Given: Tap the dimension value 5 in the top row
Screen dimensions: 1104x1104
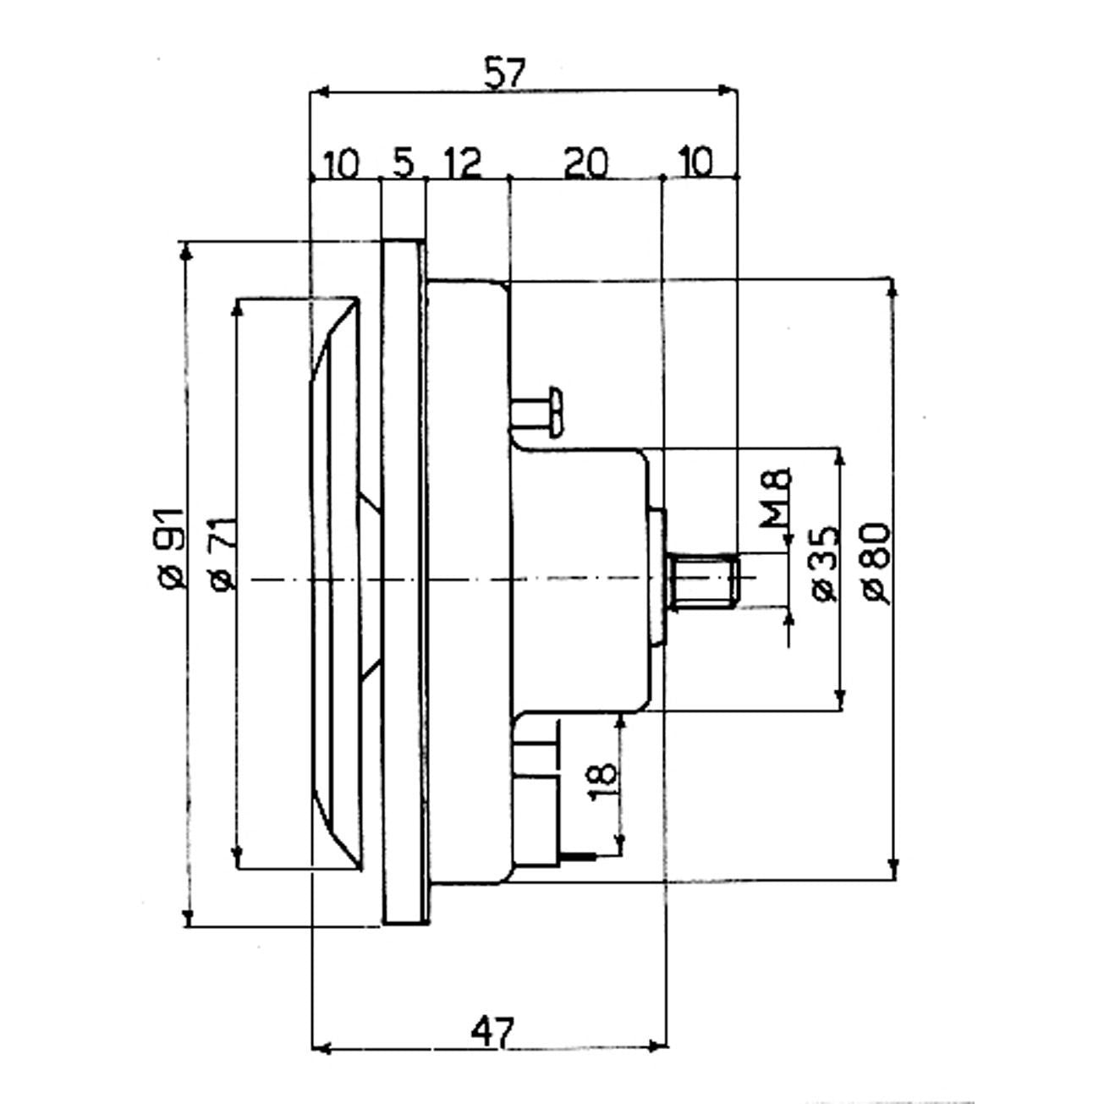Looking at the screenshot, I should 404,162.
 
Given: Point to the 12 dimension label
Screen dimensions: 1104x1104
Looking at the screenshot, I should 462,162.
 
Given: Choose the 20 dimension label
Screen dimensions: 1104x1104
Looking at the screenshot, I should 585,162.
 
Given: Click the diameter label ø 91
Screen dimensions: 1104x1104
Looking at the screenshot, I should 170,547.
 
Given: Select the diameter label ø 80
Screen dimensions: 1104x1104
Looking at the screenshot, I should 876,563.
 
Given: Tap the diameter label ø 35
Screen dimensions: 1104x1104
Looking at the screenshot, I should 825,563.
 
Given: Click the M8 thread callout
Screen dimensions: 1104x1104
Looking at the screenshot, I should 776,497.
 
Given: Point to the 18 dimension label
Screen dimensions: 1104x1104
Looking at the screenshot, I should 601,777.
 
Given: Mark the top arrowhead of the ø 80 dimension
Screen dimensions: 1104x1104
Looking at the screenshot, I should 892,287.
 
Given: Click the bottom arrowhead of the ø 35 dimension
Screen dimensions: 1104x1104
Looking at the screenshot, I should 839,702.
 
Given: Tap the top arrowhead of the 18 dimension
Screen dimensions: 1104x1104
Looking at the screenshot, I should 622,720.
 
